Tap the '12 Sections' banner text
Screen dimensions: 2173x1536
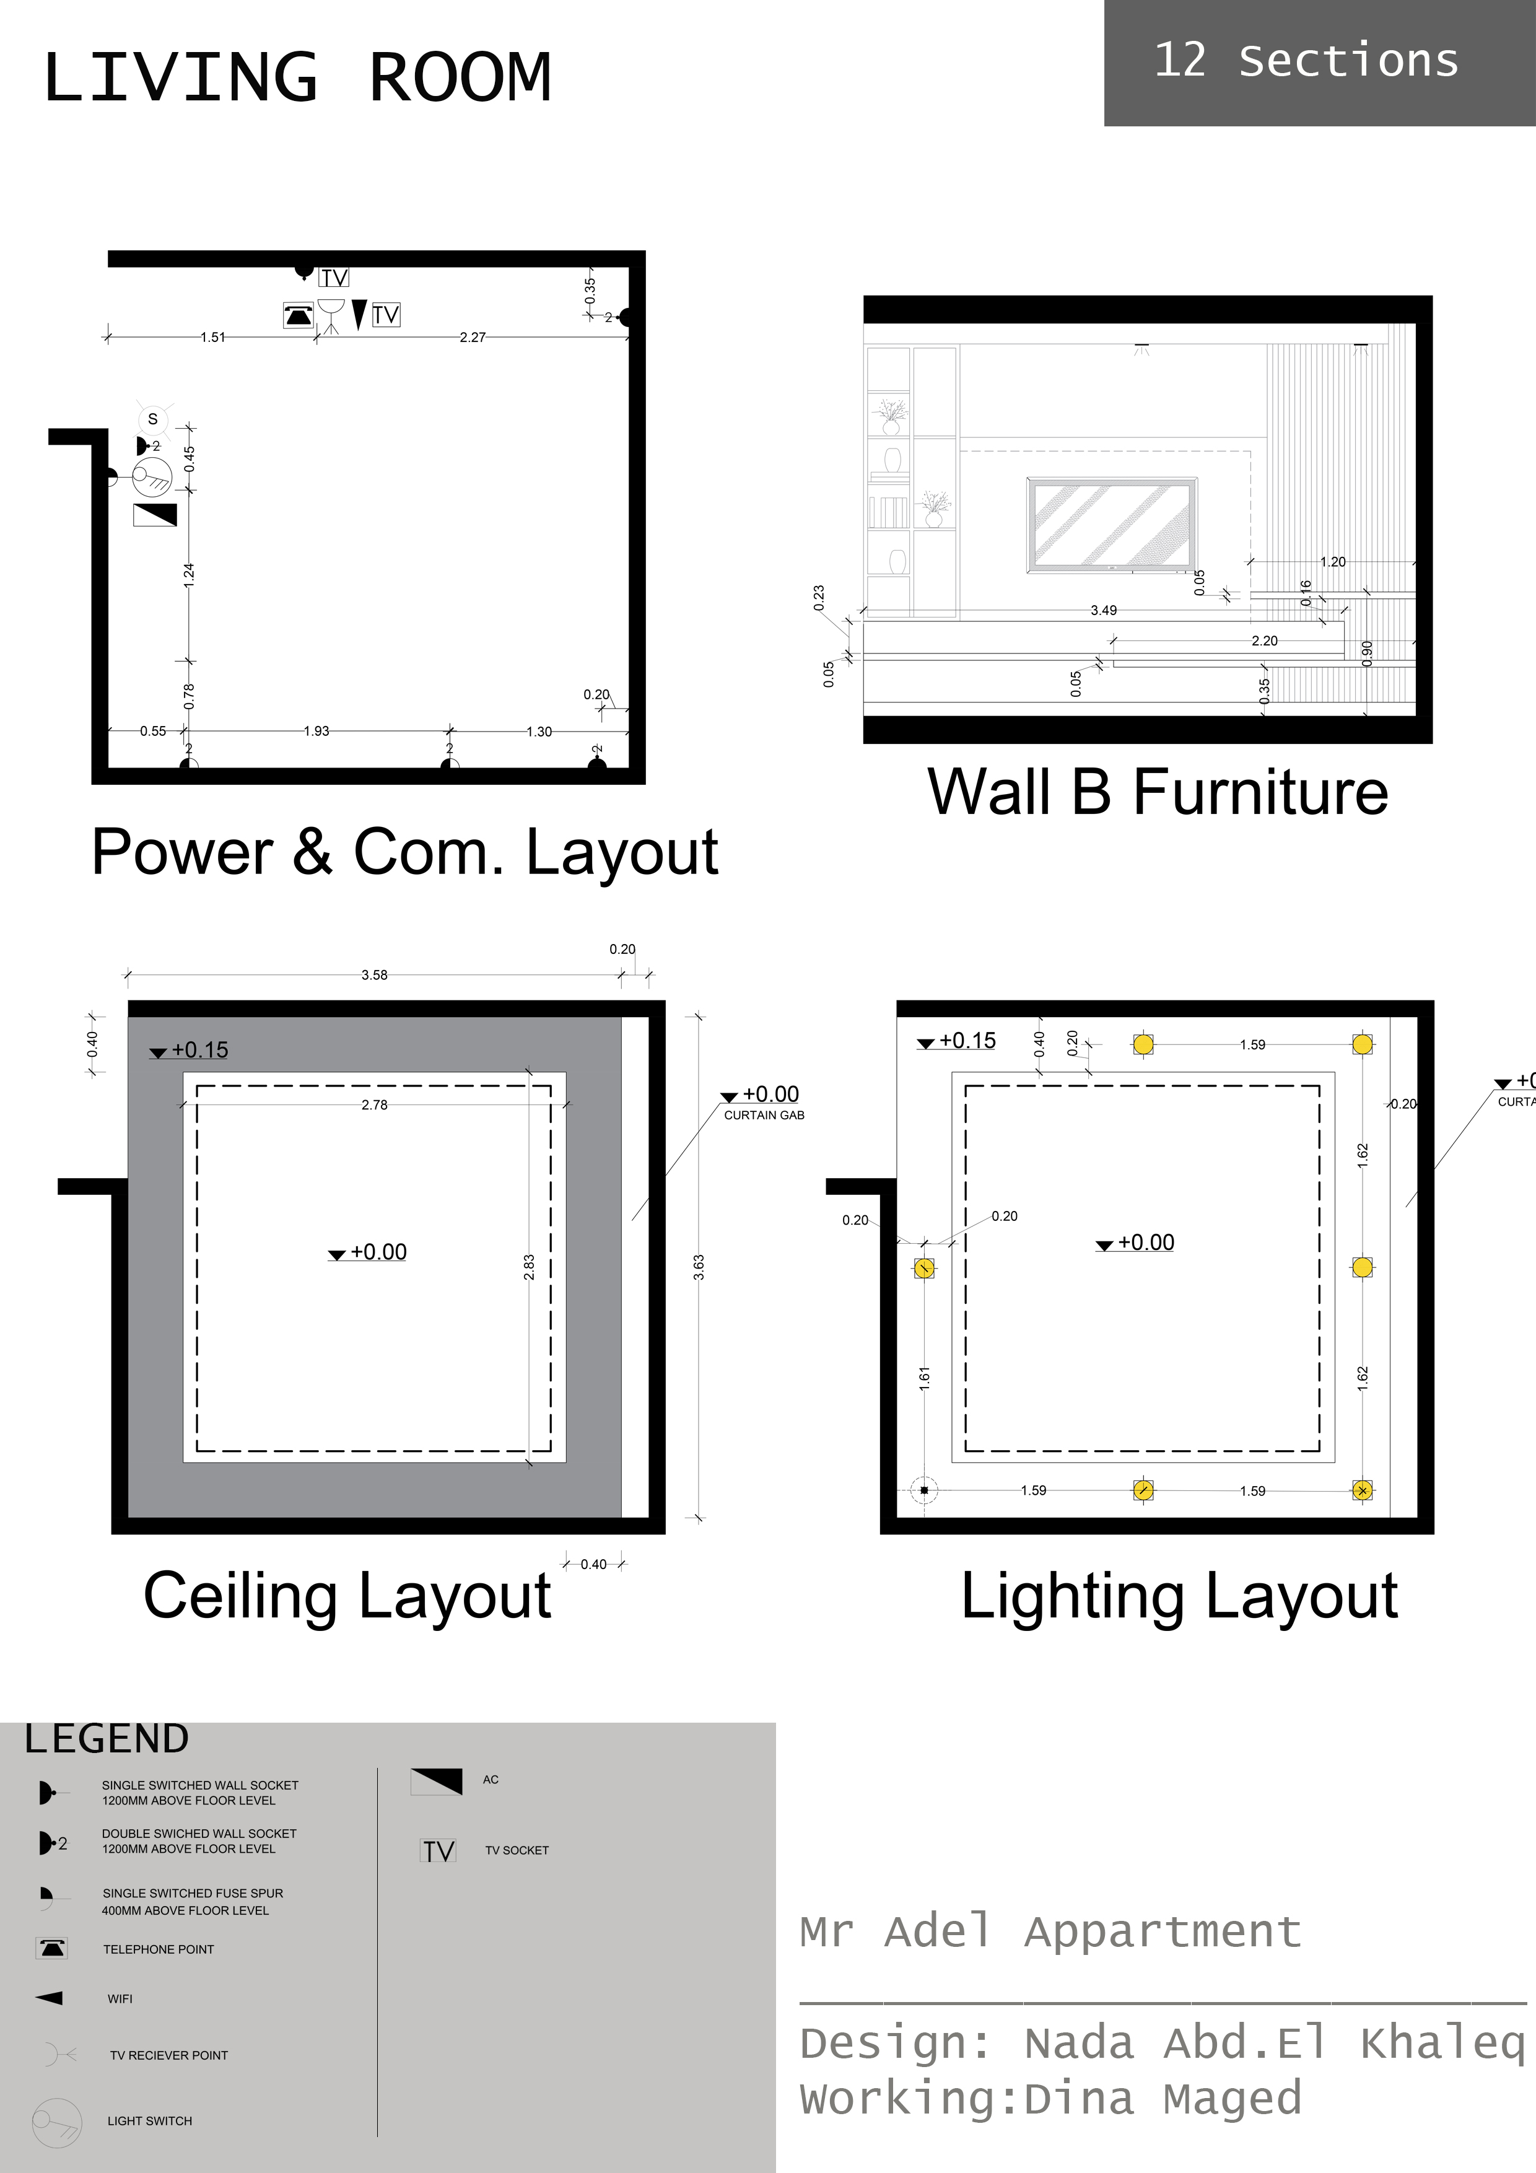[1306, 61]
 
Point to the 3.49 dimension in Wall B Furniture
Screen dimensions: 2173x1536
[1104, 610]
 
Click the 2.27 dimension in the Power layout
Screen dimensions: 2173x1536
[472, 337]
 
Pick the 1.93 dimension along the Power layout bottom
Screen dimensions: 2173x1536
[316, 731]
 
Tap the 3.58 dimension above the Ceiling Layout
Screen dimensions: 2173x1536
[374, 975]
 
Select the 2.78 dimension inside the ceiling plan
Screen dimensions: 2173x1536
[374, 1104]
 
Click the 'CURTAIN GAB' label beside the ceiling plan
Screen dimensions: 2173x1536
[764, 1115]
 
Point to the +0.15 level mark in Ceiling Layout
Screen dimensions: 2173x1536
[199, 1049]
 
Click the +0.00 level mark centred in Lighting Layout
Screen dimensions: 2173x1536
[1145, 1242]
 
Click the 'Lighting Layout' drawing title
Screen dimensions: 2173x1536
[1179, 1596]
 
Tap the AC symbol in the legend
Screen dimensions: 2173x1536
[436, 1780]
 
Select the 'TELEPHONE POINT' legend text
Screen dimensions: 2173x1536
[158, 1949]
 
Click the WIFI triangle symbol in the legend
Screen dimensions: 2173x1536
[49, 1998]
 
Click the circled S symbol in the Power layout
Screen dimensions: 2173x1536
[152, 419]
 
